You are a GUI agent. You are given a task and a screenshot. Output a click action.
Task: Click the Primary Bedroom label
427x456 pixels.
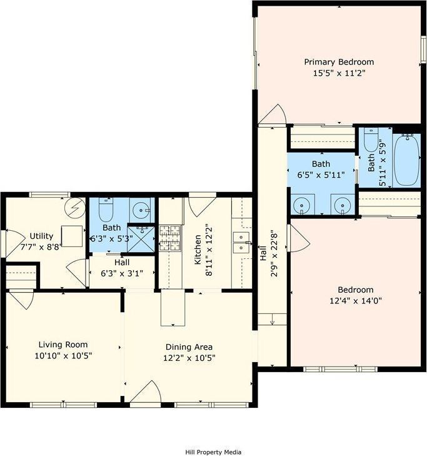[339, 62]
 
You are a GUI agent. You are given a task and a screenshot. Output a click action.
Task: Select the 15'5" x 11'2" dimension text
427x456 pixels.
[339, 73]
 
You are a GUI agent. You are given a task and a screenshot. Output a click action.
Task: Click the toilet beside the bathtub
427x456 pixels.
[371, 141]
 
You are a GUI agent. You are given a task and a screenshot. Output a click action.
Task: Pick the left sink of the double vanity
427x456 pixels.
[303, 205]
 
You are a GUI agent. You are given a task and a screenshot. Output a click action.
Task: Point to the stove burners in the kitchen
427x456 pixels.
[169, 238]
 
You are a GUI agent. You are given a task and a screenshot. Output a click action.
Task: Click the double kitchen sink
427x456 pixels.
[241, 242]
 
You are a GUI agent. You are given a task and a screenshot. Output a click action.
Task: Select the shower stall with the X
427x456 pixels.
[142, 238]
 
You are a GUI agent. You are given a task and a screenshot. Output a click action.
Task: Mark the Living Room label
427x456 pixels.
[63, 344]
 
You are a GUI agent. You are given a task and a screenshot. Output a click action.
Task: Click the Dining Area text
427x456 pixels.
[189, 347]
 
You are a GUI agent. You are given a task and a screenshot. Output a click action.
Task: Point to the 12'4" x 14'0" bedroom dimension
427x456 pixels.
[355, 300]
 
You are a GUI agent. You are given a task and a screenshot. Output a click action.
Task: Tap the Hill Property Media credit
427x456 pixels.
[213, 452]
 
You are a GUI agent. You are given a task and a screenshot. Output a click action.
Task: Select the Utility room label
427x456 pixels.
[41, 236]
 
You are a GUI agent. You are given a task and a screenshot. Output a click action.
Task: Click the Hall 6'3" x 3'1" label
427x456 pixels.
[122, 268]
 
